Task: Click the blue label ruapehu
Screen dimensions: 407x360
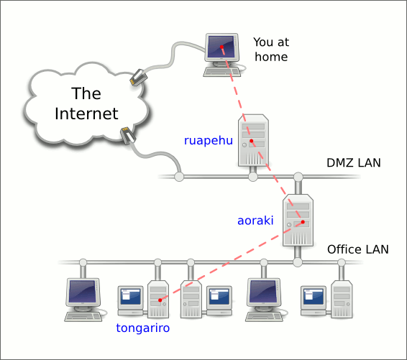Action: click(x=208, y=141)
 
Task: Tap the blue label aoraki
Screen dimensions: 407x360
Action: click(x=255, y=221)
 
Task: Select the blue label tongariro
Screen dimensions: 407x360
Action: click(x=143, y=328)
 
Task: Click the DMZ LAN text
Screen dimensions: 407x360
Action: click(x=354, y=163)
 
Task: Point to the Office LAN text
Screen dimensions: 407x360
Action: click(x=358, y=249)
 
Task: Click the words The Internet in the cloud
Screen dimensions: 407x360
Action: click(x=86, y=103)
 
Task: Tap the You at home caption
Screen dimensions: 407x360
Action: click(x=271, y=50)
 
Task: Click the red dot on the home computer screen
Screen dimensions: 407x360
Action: click(x=221, y=47)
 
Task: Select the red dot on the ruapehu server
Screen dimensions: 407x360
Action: click(x=251, y=141)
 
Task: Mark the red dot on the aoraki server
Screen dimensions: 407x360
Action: click(x=303, y=222)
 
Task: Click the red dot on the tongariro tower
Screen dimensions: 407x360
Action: click(x=160, y=300)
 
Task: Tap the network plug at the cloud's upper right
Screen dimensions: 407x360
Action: click(x=138, y=77)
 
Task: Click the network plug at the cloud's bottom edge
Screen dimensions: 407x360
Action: click(x=128, y=135)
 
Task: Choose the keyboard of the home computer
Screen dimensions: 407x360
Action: click(x=222, y=72)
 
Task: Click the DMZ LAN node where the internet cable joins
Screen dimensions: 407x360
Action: click(x=179, y=177)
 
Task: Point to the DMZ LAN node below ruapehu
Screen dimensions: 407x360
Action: click(x=253, y=177)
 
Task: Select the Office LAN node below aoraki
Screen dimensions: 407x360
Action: click(x=298, y=262)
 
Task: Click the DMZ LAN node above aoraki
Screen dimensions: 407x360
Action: click(x=298, y=177)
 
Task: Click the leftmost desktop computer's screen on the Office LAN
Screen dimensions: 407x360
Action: click(x=83, y=291)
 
